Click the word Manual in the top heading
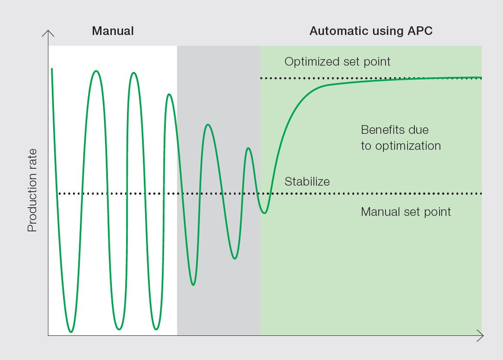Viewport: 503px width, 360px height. tap(113, 31)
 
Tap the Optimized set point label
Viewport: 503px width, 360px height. tap(337, 62)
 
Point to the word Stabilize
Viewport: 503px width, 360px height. tap(307, 182)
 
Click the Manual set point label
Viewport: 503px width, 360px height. tap(405, 212)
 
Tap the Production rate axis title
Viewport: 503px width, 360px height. tap(32, 190)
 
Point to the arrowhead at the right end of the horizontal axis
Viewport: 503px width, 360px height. tap(481, 335)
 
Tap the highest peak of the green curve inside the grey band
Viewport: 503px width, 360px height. tap(208, 125)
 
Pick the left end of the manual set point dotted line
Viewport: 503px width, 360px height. tap(60, 193)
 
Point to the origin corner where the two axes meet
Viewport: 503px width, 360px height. tap(48, 335)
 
